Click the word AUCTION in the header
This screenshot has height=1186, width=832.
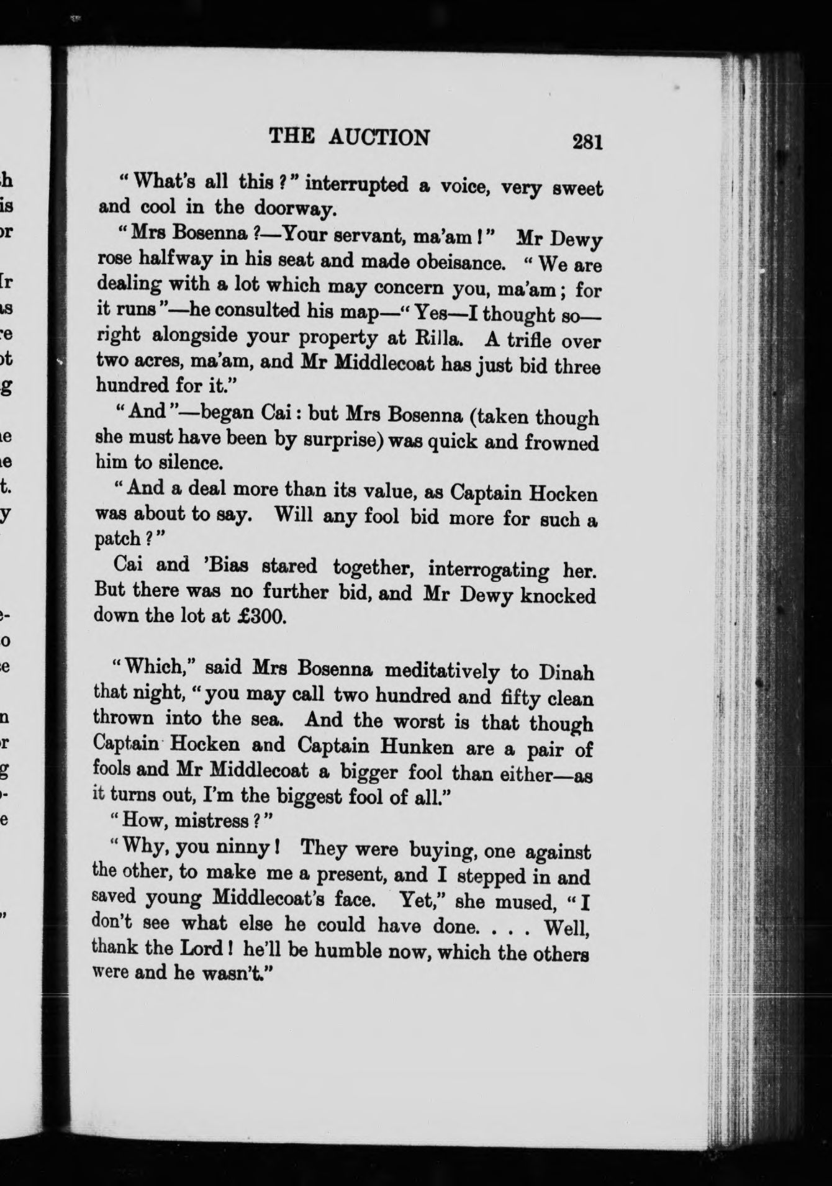[379, 137]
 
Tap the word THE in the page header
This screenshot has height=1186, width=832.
[291, 136]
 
